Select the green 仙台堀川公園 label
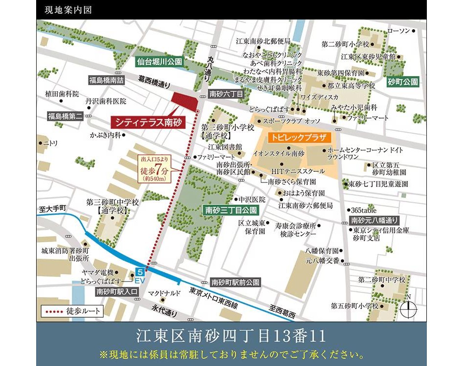coord(159,62)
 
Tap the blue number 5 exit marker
coord(140,271)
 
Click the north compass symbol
coord(408,307)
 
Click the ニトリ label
coord(51,143)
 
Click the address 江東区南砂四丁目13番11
coord(231,336)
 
